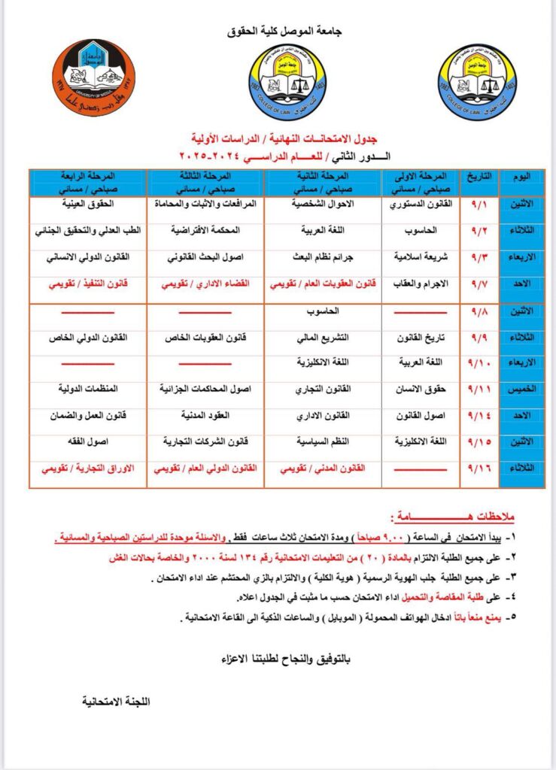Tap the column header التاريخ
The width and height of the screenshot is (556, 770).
coord(479,177)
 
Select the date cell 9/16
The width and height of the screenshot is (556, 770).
coord(479,468)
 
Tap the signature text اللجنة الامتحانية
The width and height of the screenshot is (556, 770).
coord(117,701)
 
